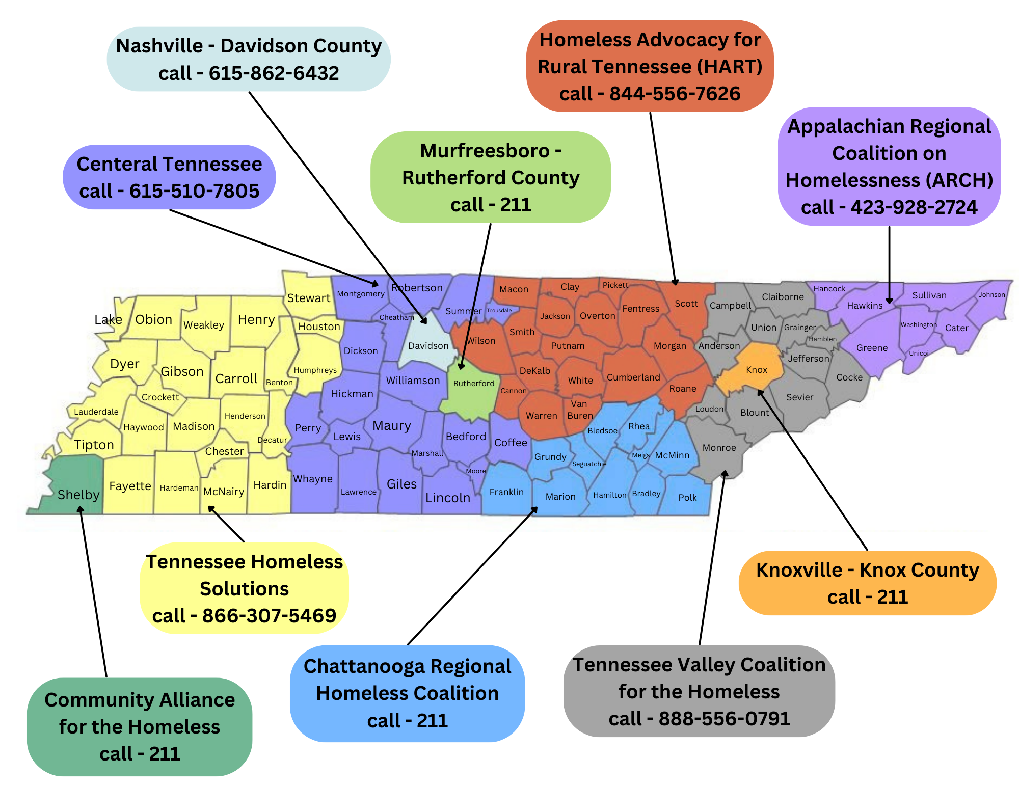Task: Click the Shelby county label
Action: click(x=78, y=495)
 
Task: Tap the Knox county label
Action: click(x=756, y=370)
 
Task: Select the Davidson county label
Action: click(x=428, y=346)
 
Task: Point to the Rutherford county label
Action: click(x=474, y=384)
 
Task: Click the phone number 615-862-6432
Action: click(x=274, y=73)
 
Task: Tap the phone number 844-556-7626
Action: click(x=675, y=94)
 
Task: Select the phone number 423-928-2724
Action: click(x=914, y=207)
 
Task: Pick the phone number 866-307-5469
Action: click(x=269, y=616)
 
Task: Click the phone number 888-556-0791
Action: click(x=724, y=719)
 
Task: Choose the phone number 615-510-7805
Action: click(x=194, y=191)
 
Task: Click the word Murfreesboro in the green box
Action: click(x=485, y=151)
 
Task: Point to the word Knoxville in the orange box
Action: click(x=798, y=570)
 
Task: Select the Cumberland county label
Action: click(x=633, y=377)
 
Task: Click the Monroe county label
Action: click(x=719, y=448)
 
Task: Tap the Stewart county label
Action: click(x=309, y=298)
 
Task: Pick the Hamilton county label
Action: click(x=609, y=495)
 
